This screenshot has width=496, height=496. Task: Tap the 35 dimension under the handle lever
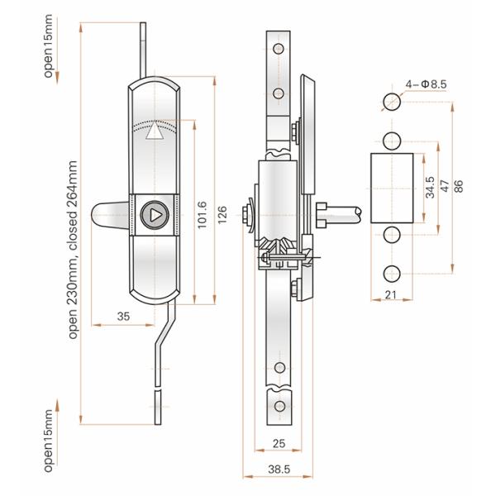[x=123, y=315]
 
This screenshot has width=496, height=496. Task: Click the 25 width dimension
[x=278, y=445]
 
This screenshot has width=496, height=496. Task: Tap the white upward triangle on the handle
[x=153, y=134]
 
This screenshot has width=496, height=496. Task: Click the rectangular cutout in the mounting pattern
[x=389, y=188]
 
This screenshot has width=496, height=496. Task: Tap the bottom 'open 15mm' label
[x=49, y=440]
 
